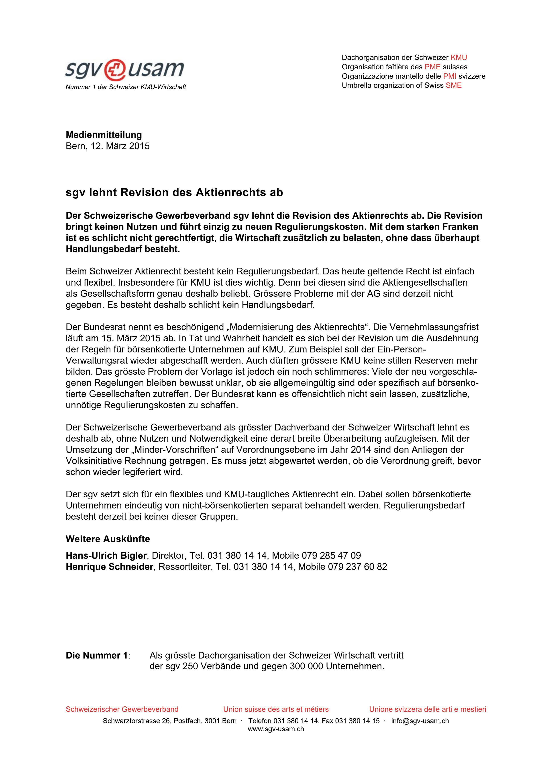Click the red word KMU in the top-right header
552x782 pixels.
point(458,57)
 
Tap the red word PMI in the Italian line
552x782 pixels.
point(449,76)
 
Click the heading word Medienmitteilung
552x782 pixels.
point(104,135)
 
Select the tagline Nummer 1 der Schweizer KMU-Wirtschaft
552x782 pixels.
point(126,87)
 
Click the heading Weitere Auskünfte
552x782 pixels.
point(108,539)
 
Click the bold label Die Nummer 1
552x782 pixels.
point(97,655)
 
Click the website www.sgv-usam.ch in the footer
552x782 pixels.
point(276,729)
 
